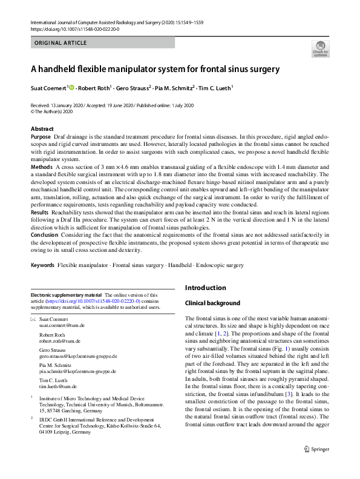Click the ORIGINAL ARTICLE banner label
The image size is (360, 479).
point(61,43)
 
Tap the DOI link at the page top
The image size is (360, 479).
point(74,28)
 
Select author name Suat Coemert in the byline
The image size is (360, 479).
point(49,87)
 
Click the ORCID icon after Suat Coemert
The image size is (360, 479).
point(72,87)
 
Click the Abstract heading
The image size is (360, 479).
point(42,129)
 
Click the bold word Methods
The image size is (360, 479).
point(42,166)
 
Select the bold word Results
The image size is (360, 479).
point(41,213)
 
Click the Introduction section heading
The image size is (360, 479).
point(206,288)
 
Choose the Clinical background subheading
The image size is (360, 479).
point(212,303)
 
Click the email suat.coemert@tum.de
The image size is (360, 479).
point(59,325)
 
